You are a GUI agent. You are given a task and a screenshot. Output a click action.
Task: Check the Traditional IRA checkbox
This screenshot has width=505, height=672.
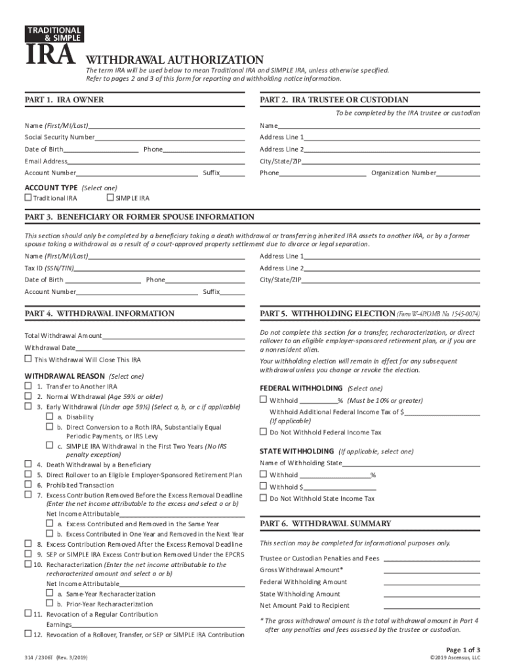pos(28,198)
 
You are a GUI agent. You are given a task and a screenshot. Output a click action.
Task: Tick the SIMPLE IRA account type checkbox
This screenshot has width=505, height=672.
pos(110,198)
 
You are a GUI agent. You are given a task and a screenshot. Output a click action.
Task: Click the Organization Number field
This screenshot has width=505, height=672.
pos(458,173)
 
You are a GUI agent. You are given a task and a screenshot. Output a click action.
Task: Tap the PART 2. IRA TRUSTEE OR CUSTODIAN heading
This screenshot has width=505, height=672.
pos(334,100)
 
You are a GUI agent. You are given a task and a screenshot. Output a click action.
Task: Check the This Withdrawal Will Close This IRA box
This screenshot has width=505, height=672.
pos(28,359)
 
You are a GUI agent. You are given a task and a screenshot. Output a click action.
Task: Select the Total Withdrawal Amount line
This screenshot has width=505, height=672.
pos(173,336)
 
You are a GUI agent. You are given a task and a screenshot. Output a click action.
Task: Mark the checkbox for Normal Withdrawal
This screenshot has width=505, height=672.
pos(28,396)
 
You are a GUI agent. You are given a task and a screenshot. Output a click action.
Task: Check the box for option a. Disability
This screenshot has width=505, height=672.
pos(49,417)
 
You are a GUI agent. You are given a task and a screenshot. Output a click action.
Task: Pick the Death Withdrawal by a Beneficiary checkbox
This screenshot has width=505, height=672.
pos(28,465)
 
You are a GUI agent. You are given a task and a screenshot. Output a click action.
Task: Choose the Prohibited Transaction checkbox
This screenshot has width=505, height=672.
pos(28,485)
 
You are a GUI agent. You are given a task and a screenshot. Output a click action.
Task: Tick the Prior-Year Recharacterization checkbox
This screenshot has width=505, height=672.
pos(49,603)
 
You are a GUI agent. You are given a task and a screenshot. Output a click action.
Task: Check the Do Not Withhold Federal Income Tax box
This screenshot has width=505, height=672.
pos(264,432)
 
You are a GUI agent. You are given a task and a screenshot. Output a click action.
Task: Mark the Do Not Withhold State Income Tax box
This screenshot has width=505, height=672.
pos(264,498)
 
